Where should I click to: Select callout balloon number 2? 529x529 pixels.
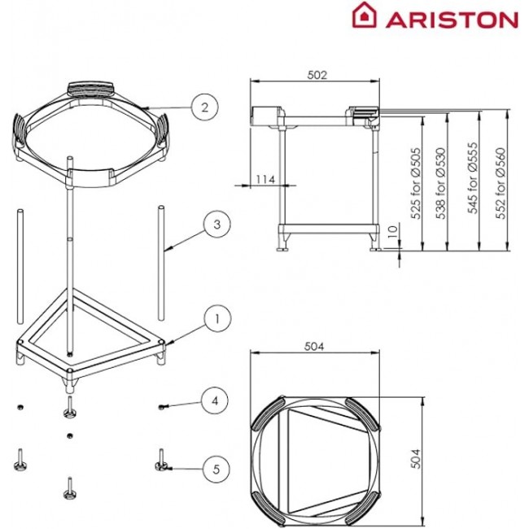[x=204, y=106]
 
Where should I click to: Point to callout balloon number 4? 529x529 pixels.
[x=215, y=400]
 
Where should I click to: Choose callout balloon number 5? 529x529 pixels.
[x=215, y=469]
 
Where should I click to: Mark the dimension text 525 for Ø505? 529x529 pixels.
[x=415, y=184]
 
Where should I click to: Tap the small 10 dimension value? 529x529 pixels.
[x=393, y=233]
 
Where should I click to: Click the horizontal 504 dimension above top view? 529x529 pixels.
[x=316, y=347]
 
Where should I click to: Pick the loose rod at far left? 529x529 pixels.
[x=20, y=269]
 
